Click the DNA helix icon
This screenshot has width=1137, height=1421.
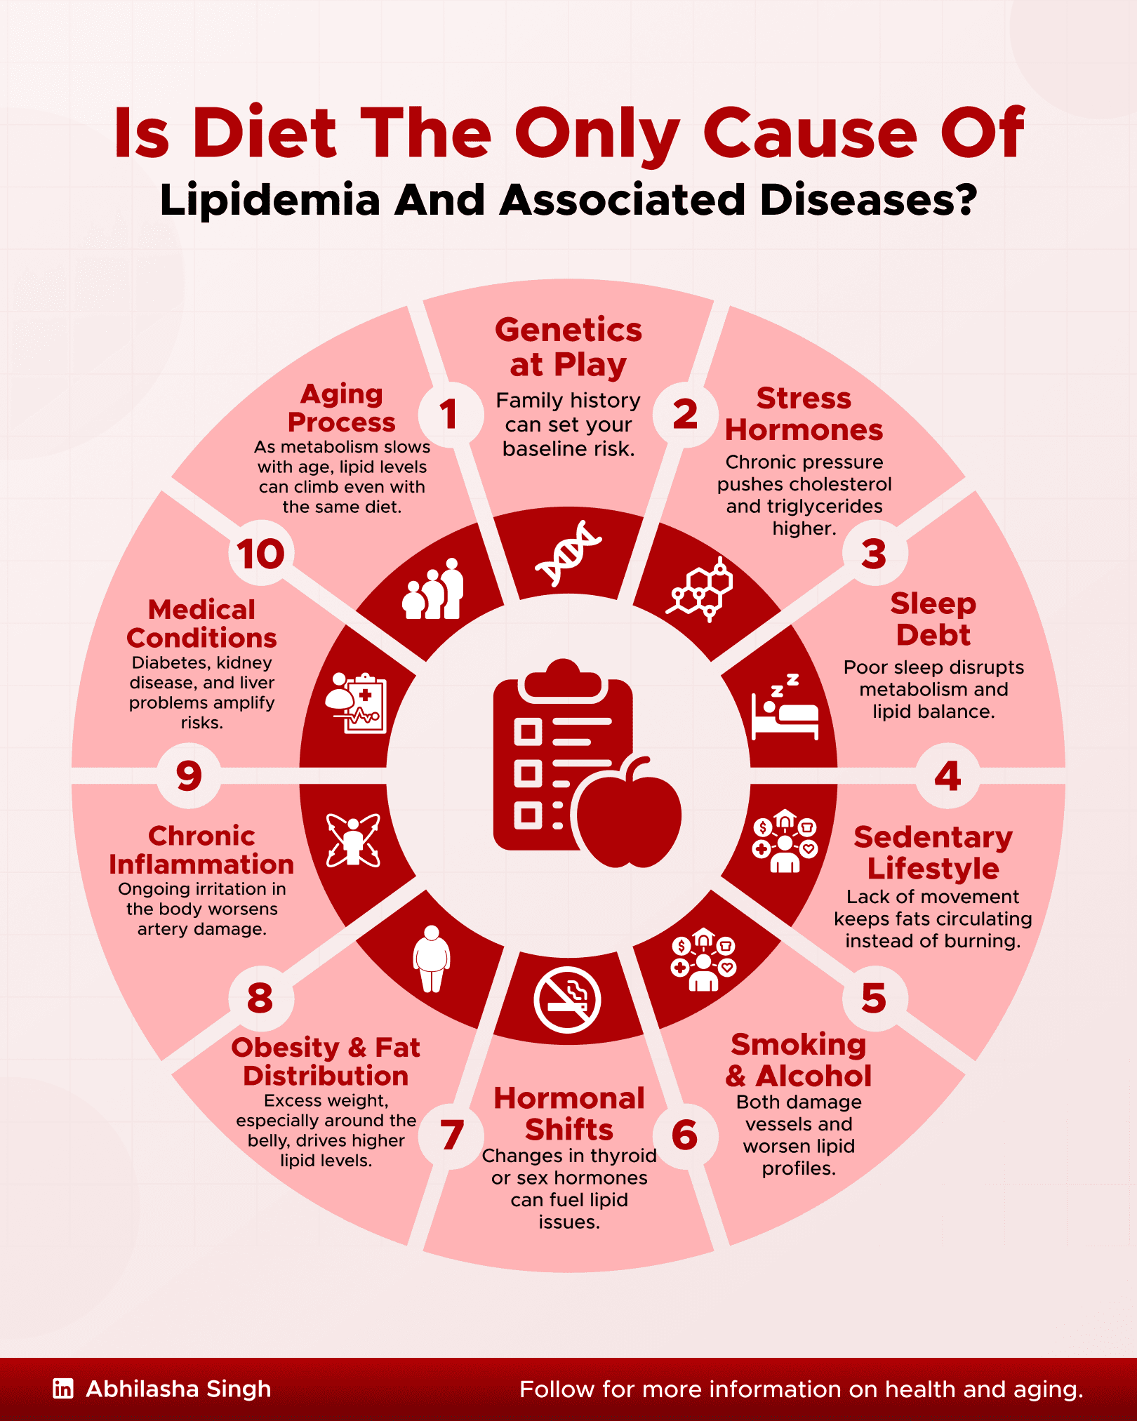point(568,553)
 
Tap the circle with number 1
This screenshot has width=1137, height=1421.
point(449,414)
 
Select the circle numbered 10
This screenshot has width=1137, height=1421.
point(260,554)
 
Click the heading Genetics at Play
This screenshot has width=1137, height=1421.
point(568,347)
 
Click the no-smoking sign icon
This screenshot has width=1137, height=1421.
point(567,999)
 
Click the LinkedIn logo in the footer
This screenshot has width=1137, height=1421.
point(63,1388)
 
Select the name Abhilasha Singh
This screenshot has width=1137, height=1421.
point(178,1389)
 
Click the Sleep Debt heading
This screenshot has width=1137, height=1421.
point(933,619)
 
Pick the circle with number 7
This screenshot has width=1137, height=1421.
point(451,1135)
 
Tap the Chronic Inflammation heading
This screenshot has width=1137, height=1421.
point(201,850)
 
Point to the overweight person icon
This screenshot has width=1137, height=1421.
point(431,959)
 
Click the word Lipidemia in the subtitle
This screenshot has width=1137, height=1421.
point(270,200)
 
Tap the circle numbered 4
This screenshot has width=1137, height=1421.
point(947,775)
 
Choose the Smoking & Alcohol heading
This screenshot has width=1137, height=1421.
point(799,1060)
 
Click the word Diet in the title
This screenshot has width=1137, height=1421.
point(265,133)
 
